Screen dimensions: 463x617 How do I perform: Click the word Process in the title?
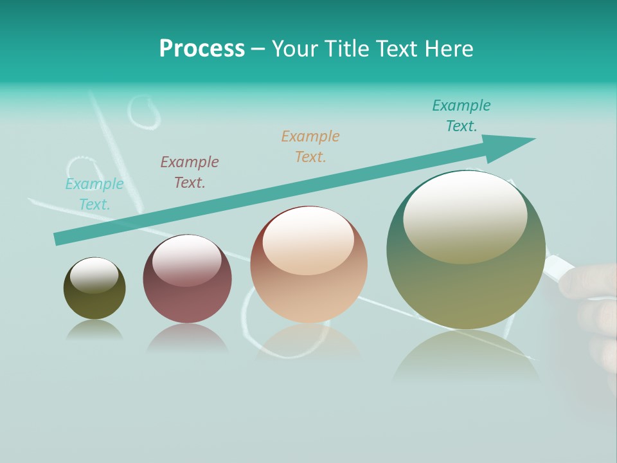202,49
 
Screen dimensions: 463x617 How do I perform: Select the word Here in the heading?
450,49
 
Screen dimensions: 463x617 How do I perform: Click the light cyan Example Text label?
94,194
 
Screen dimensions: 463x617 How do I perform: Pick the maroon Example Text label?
190,172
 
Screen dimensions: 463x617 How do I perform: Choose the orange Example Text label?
310,147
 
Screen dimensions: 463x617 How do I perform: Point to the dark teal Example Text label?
461,116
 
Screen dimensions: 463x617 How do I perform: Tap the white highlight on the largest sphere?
465,215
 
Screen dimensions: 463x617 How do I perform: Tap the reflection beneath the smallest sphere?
94,331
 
